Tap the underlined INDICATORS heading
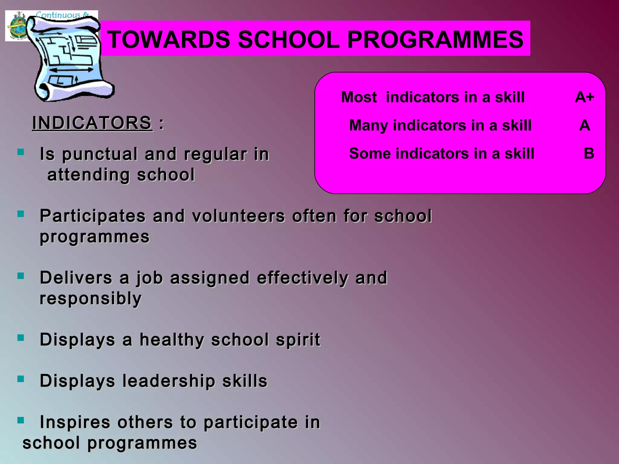tap(92, 123)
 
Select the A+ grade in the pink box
tap(584, 97)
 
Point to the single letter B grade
tap(589, 153)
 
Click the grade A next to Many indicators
tap(585, 125)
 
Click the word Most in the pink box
tap(359, 97)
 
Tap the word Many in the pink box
tap(368, 125)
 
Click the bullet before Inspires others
tap(21, 420)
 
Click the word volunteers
tap(238, 216)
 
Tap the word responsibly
tap(90, 298)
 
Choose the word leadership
tap(169, 381)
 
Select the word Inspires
tap(75, 422)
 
